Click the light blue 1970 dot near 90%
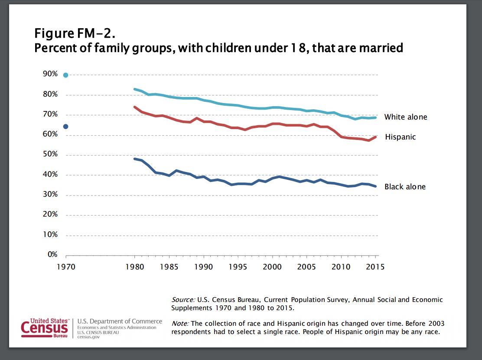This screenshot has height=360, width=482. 66,75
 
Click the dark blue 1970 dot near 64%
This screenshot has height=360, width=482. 66,126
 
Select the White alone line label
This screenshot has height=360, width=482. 405,117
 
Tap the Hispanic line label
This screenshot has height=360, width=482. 400,137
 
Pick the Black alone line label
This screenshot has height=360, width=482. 405,187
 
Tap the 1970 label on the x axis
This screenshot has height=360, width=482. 66,267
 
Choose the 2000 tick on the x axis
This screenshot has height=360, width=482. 272,267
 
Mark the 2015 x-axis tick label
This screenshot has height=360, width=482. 375,267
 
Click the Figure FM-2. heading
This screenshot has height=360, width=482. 75,33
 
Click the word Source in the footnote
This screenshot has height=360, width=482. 182,300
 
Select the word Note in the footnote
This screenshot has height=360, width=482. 179,324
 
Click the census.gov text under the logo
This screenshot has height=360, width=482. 87,337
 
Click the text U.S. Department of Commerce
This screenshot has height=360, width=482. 120,321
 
